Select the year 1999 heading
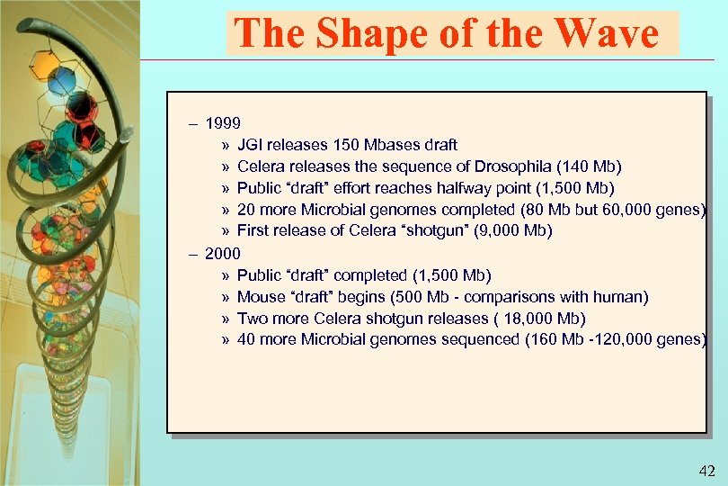(222, 122)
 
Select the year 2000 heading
(222, 253)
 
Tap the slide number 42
(706, 471)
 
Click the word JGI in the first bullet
(251, 144)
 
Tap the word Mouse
(260, 296)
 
